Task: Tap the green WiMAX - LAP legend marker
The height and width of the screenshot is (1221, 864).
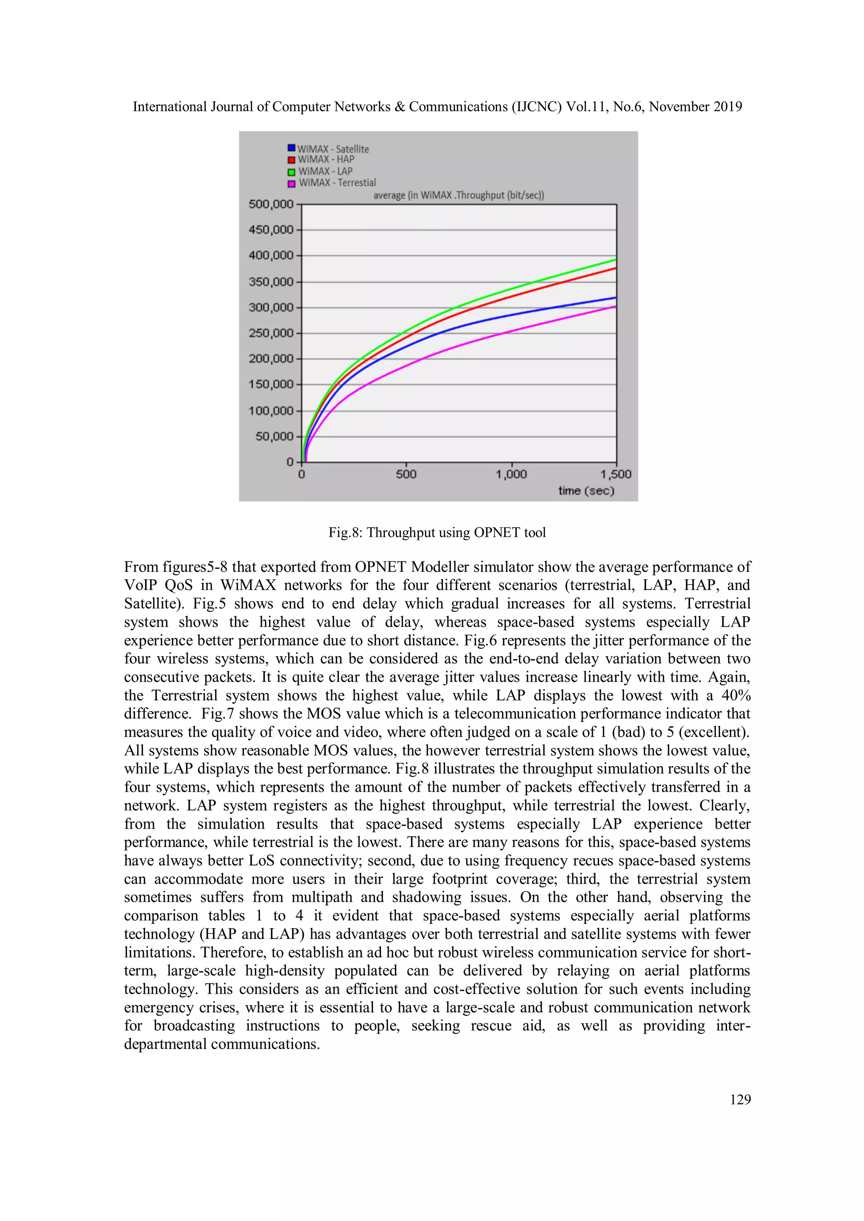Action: click(292, 172)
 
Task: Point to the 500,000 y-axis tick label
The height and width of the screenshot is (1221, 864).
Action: click(271, 204)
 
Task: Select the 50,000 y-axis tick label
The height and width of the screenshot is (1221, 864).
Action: click(274, 437)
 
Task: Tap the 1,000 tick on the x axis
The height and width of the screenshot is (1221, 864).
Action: click(511, 474)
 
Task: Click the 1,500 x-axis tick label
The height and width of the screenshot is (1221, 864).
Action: click(616, 474)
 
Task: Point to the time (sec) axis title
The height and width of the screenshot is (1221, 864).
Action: click(586, 491)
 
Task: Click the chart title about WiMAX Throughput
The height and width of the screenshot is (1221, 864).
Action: click(458, 195)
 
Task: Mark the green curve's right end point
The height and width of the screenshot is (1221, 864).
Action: click(616, 259)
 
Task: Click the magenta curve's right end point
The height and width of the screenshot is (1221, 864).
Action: click(616, 306)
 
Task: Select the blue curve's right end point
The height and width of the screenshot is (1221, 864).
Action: click(616, 297)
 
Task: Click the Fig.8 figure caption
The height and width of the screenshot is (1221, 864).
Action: click(437, 532)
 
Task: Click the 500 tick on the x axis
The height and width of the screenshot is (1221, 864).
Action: click(406, 474)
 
